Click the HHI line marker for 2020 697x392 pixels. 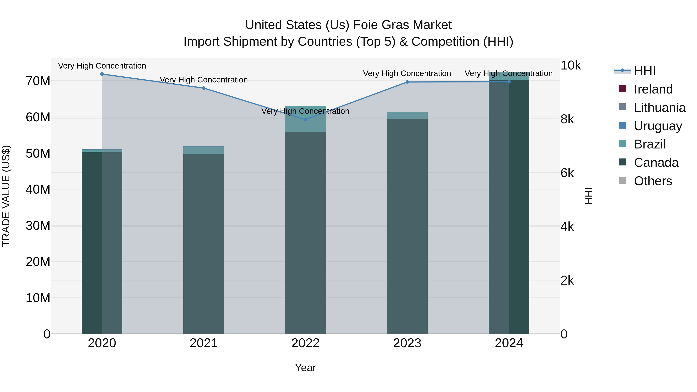[x=102, y=74]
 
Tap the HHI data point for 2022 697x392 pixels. [x=306, y=120]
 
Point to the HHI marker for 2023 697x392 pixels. [x=407, y=82]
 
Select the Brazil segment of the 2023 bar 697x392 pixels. [x=407, y=116]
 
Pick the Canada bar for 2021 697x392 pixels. [x=204, y=244]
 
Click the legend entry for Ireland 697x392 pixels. [x=653, y=89]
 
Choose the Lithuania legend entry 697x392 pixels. [x=659, y=108]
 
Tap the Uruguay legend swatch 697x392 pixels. [x=622, y=125]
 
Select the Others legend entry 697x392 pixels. [x=653, y=181]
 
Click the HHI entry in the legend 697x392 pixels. [x=645, y=71]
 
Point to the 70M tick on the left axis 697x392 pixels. [x=38, y=81]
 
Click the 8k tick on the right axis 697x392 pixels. [x=567, y=119]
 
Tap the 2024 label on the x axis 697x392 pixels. [x=509, y=343]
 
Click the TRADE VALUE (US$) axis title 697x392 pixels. [x=6, y=196]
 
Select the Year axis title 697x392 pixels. [x=306, y=368]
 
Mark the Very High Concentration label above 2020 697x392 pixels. [x=102, y=66]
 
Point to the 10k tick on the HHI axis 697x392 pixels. [x=570, y=65]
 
